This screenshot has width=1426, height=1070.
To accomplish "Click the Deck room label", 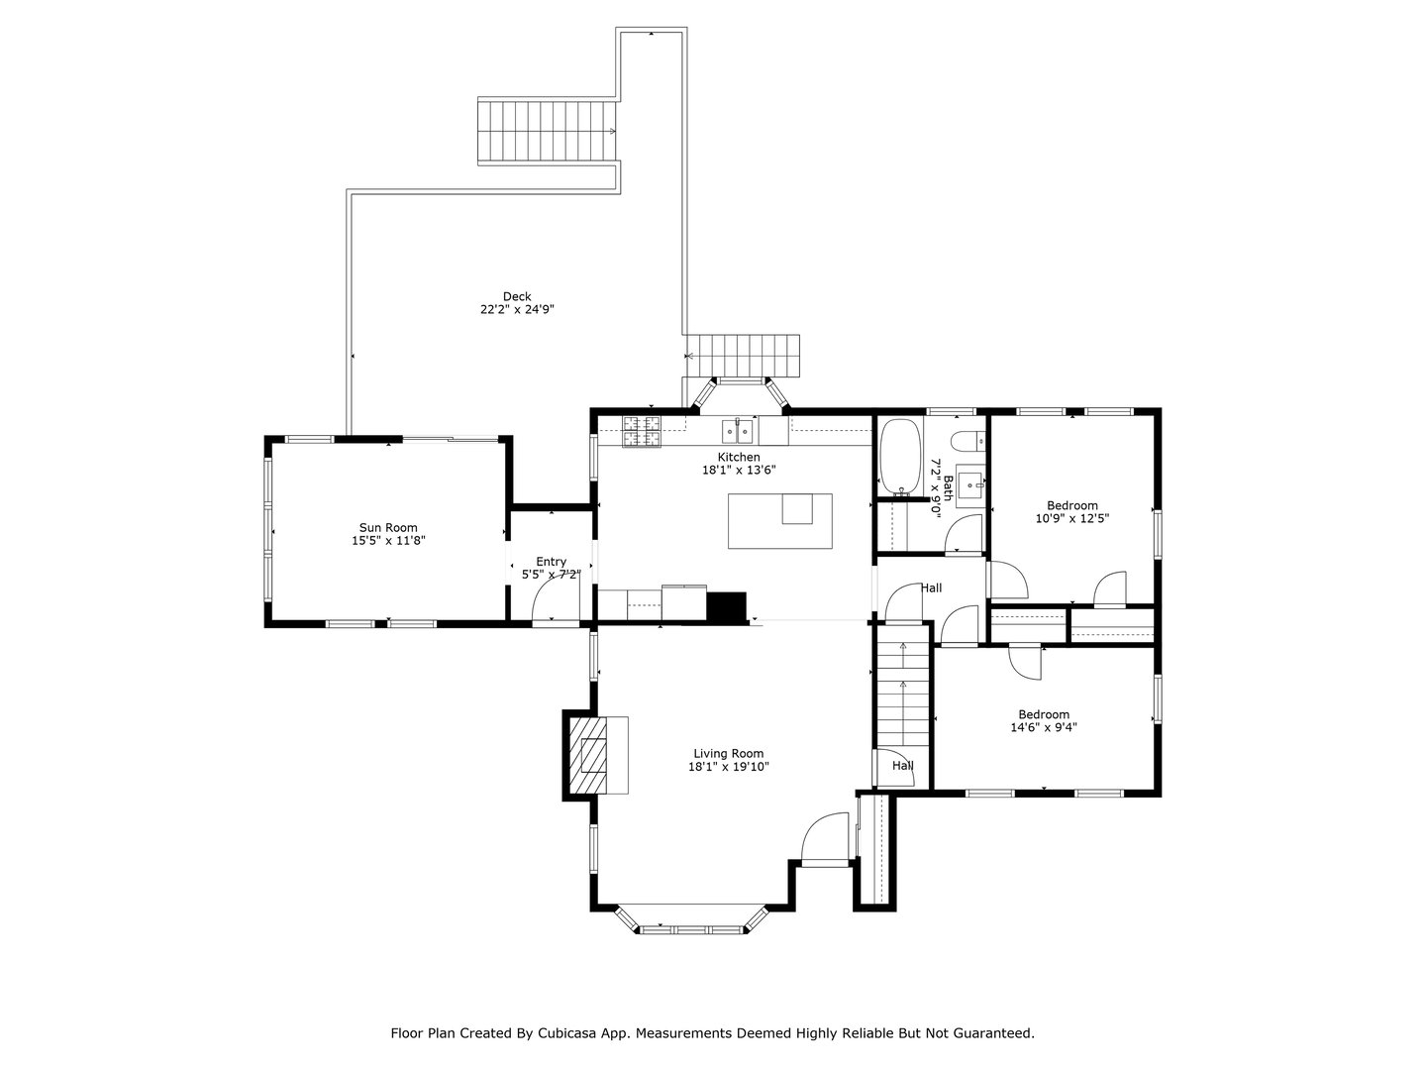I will [517, 296].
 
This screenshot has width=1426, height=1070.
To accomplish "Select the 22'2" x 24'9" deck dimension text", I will [517, 309].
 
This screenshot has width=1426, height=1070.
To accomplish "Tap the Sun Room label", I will [388, 528].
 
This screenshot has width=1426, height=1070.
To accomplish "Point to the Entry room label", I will [552, 562].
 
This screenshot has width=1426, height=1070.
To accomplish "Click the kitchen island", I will [779, 521].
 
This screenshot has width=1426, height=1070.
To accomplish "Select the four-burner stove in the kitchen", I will [642, 431].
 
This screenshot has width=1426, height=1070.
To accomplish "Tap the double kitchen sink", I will [738, 431].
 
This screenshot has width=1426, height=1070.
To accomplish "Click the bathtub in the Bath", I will [900, 457].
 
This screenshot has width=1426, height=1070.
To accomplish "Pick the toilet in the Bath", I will [965, 442].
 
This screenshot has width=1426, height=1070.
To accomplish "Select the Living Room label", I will [728, 753].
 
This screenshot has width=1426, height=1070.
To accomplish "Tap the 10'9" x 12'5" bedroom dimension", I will [1072, 518].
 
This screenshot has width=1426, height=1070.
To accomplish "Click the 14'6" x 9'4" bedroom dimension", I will [1044, 727].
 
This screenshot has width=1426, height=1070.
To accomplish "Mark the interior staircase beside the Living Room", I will [902, 698].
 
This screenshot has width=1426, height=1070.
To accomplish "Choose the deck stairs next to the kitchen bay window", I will [743, 355].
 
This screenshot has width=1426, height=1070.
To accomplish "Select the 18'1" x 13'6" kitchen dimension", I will [739, 471].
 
